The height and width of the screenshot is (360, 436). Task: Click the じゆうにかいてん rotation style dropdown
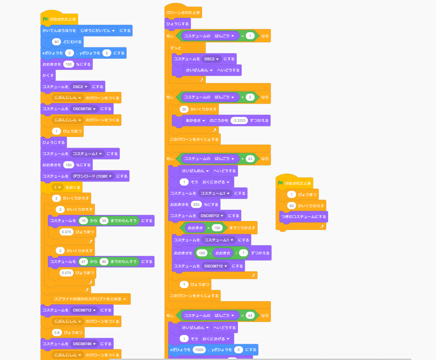(x=98, y=31)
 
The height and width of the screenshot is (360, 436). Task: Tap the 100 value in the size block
(x=69, y=64)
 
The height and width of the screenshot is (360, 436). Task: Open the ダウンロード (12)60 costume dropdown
(x=93, y=176)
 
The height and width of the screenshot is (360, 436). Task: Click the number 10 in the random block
(x=83, y=221)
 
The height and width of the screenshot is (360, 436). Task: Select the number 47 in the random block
(x=83, y=262)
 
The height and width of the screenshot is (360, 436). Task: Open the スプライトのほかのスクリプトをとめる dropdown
(x=91, y=298)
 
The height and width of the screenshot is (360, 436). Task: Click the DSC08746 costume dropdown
(x=85, y=344)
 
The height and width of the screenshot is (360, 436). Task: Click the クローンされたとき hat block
(x=183, y=12)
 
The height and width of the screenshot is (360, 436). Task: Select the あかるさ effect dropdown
(x=196, y=120)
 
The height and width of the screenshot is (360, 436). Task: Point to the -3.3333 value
(x=239, y=120)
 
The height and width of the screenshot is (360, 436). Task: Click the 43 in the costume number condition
(x=251, y=158)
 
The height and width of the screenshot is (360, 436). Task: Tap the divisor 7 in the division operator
(x=243, y=253)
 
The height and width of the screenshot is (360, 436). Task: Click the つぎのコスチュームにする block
(x=303, y=217)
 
